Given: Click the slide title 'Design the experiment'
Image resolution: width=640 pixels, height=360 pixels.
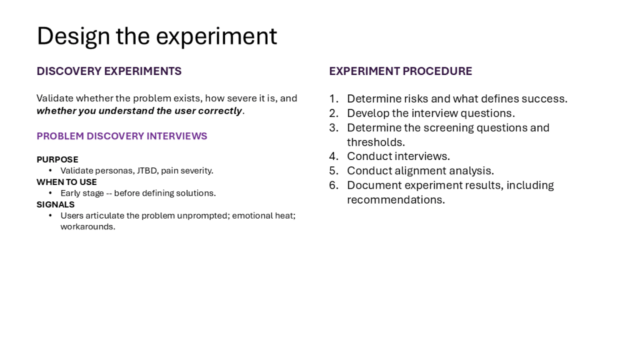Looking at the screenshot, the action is (157, 36).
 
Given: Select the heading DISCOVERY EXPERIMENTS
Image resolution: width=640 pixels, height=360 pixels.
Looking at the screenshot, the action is (109, 71).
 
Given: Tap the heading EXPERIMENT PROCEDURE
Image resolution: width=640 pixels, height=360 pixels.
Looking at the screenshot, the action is (401, 71).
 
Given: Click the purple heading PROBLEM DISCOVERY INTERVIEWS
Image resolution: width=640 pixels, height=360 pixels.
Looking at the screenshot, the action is (122, 136).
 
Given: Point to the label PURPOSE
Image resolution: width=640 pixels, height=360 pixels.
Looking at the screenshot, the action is (57, 159).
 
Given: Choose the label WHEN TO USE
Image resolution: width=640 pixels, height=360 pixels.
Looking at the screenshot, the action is (67, 182).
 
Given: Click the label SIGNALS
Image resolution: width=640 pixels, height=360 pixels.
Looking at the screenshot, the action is (56, 204).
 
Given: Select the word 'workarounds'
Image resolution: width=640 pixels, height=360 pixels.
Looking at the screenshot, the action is (87, 226).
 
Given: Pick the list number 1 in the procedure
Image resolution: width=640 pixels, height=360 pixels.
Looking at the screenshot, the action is (334, 99).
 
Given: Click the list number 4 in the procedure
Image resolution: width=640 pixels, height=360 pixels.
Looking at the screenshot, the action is (334, 156).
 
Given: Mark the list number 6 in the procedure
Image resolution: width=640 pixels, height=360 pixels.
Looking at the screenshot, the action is (334, 185).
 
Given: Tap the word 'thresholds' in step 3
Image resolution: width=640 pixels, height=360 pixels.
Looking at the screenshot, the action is (375, 142).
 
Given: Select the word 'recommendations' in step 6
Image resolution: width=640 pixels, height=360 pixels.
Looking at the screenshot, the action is (395, 199).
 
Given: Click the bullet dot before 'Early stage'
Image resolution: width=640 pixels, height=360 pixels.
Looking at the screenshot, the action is (50, 193).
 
